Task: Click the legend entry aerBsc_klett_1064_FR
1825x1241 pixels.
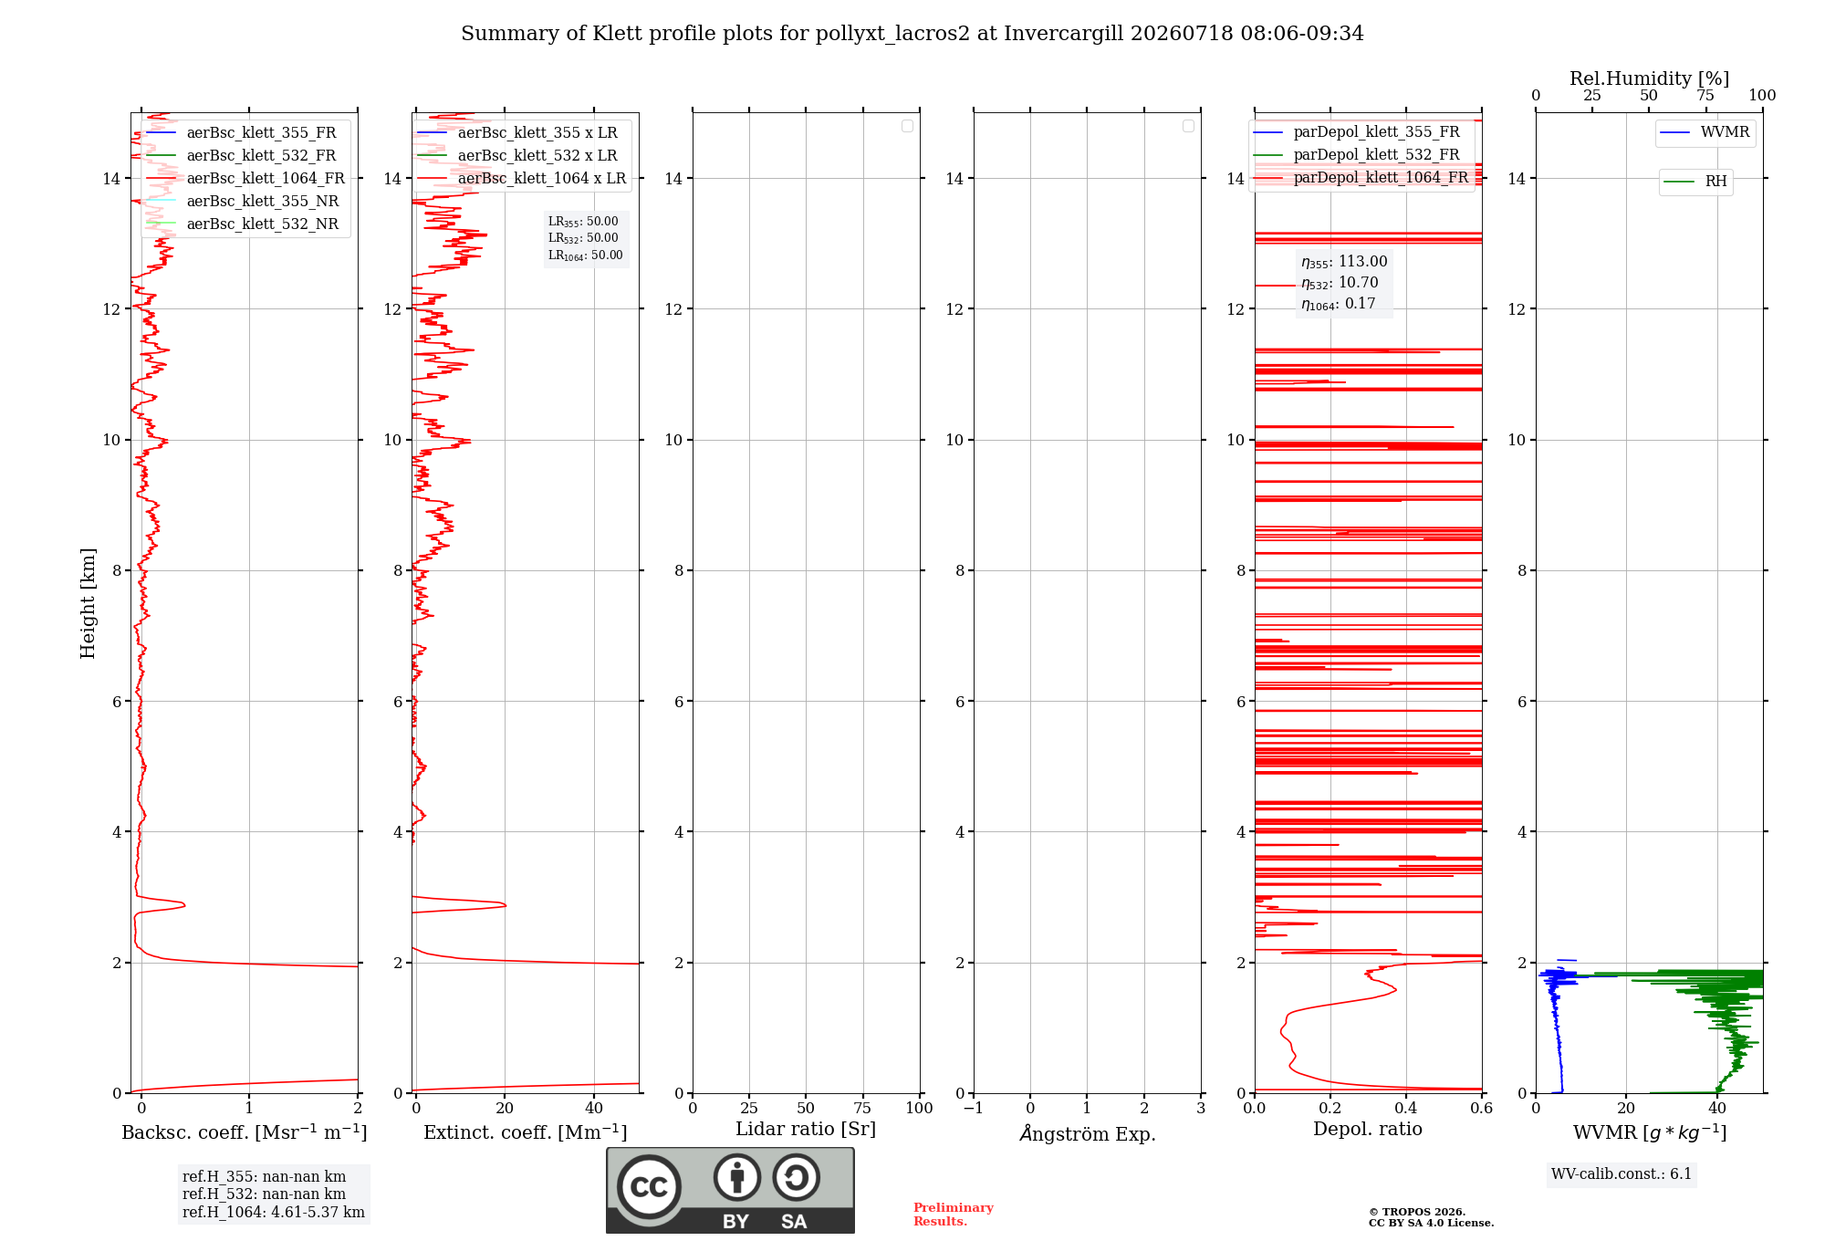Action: tap(245, 179)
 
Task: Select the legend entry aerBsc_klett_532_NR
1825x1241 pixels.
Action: tap(243, 224)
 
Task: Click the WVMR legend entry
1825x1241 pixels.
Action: tap(1705, 132)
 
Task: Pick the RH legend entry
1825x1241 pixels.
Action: tap(1695, 182)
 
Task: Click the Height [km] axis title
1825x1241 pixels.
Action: tap(88, 603)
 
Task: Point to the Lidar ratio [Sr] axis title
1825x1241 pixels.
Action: tap(806, 1130)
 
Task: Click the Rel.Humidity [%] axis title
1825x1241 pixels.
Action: tap(1650, 78)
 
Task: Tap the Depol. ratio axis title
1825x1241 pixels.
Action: tap(1368, 1130)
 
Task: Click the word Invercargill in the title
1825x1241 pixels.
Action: tap(1064, 34)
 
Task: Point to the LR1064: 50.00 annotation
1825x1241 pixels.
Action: tap(585, 255)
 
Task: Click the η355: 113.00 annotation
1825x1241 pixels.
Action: tap(1344, 262)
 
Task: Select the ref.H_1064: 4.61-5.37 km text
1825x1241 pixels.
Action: tap(274, 1213)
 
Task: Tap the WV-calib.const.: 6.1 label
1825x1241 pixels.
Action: tap(1622, 1174)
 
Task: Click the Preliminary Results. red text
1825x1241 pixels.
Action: tap(954, 1215)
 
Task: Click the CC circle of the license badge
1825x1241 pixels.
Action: tap(649, 1187)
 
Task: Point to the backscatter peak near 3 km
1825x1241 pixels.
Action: tap(184, 904)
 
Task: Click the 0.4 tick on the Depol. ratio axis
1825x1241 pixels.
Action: tap(1406, 1108)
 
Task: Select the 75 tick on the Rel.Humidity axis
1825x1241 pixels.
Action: tap(1705, 96)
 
